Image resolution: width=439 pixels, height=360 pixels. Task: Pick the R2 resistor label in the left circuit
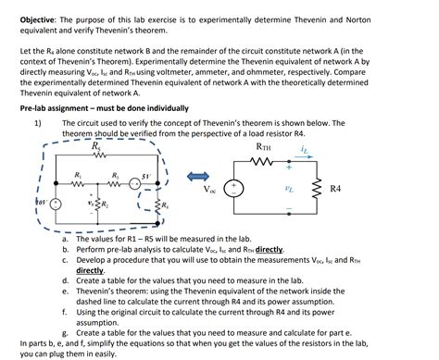(106, 202)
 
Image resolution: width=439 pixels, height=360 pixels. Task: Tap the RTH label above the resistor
(264, 146)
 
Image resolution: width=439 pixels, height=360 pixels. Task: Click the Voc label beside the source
(212, 191)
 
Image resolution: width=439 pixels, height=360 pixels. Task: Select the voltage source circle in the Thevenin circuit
(235, 189)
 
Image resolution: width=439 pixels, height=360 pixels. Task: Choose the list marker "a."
(66, 239)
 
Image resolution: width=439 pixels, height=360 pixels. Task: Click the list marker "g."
(66, 332)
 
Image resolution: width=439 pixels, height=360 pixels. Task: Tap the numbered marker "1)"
(38, 123)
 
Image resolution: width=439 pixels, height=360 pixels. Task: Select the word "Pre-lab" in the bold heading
(35, 109)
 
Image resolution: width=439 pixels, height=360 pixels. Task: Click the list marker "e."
(66, 291)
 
